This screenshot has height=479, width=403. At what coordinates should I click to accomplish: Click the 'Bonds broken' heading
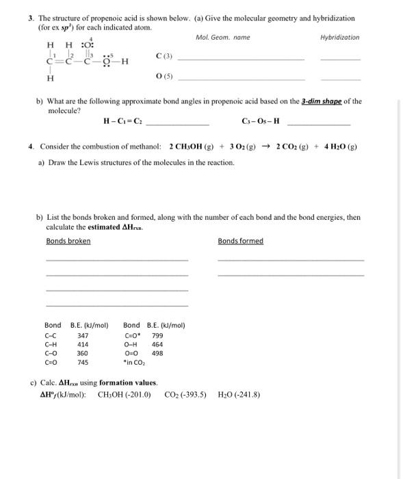click(68, 241)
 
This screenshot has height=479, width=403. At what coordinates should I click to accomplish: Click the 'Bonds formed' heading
click(240, 241)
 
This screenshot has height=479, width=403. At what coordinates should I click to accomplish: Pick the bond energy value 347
click(83, 335)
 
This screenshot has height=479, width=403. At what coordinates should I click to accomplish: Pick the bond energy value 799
click(157, 335)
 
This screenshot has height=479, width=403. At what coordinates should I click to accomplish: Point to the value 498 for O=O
click(157, 353)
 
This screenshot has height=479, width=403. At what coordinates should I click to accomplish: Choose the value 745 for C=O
click(83, 362)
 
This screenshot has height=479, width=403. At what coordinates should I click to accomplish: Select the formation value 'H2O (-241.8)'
click(239, 395)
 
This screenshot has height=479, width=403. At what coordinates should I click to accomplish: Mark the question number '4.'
click(31, 147)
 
